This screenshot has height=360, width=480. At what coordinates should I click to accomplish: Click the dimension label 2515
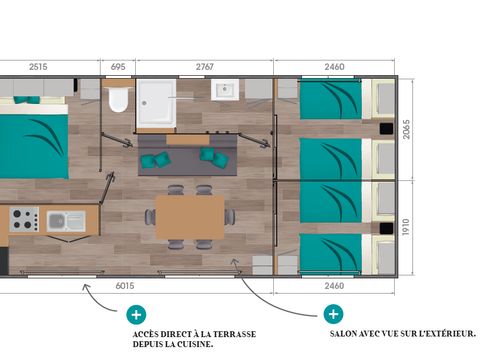39,66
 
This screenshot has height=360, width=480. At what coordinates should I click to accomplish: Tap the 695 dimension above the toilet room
118,66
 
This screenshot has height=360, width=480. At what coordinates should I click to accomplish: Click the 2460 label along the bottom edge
335,285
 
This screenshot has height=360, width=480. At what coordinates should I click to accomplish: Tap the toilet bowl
119,99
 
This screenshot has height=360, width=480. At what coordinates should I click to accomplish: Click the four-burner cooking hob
24,219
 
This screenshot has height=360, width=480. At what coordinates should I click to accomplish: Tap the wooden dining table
190,217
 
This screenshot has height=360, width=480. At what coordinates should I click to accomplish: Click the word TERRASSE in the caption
240,333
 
